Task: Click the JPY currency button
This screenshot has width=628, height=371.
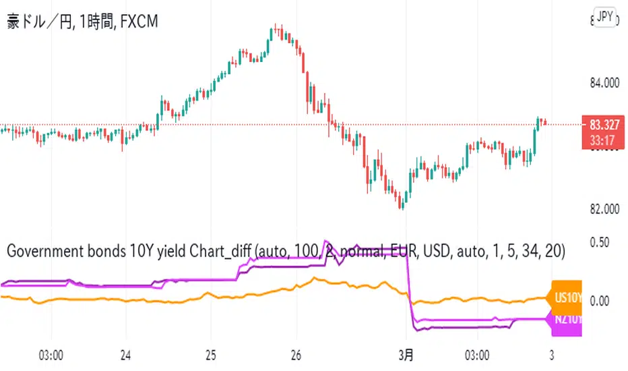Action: point(605,18)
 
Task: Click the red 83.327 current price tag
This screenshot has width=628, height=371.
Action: point(604,125)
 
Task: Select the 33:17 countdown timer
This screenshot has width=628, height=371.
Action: point(604,142)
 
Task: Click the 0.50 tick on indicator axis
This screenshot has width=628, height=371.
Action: point(599,242)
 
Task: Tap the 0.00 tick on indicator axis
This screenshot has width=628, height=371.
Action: point(599,300)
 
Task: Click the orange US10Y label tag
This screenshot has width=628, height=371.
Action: point(566,297)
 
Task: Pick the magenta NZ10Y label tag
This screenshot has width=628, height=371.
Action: point(566,320)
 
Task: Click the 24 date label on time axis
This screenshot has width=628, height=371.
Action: point(126,355)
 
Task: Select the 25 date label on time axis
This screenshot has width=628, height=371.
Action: point(211,355)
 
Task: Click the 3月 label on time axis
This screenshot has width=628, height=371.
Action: point(406,355)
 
